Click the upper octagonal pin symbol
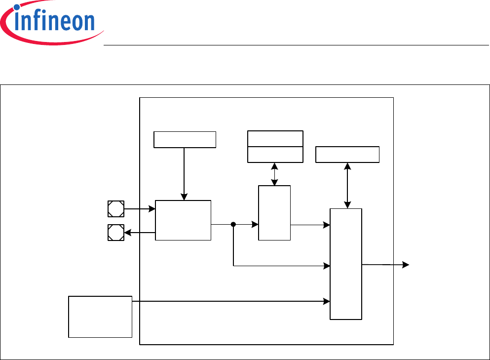(116, 209)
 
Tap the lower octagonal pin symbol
(116, 233)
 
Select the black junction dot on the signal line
(233, 225)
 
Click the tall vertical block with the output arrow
(346, 264)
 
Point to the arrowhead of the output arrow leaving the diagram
(406, 265)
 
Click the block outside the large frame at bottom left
(100, 317)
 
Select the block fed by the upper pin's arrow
(183, 220)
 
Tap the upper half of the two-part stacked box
(275, 139)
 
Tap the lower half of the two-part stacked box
(275, 154)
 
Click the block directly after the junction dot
(274, 213)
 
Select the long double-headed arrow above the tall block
(348, 186)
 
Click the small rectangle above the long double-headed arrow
(347, 155)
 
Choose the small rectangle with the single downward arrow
(185, 140)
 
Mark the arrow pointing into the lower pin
(140, 233)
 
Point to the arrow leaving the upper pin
(140, 209)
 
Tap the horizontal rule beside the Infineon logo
(296, 45)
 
